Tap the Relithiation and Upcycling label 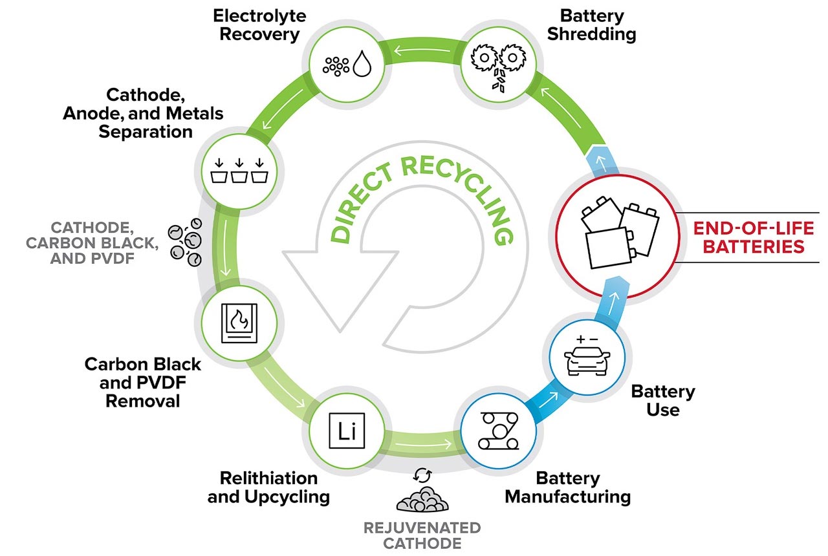point(268,487)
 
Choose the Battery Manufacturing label point(567,487)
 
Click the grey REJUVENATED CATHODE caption point(422,535)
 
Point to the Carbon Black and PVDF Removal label point(142,382)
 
